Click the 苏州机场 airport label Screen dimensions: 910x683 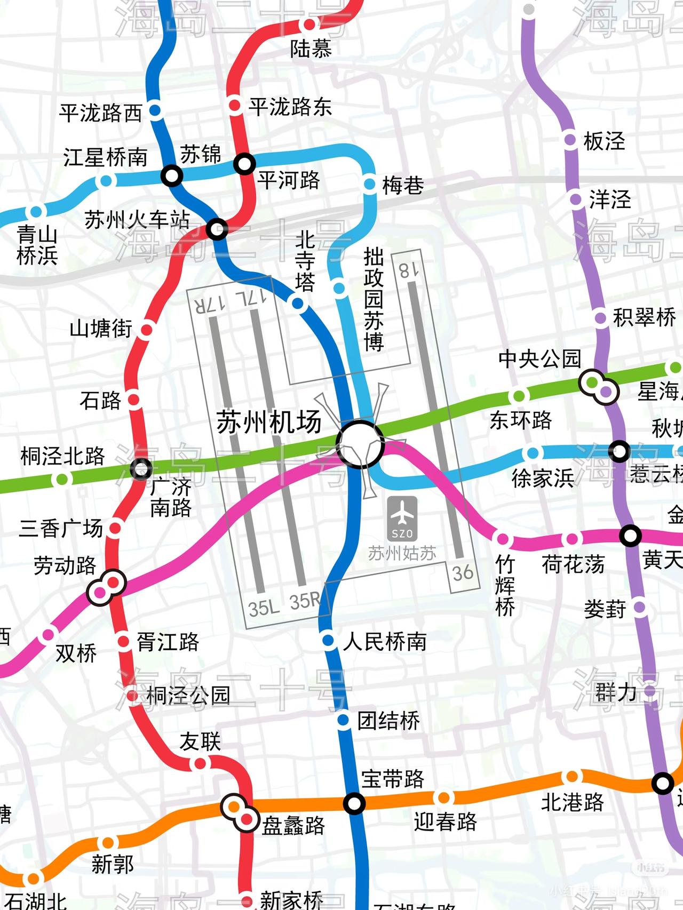269,422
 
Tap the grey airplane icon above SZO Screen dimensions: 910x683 402,513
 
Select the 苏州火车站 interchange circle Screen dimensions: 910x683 217,230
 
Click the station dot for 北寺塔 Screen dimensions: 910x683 298,304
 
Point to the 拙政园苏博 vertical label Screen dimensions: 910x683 374,299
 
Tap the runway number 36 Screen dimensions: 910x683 462,573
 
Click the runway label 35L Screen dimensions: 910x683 264,608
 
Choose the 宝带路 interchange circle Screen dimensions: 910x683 354,803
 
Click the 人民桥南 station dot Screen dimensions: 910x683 328,640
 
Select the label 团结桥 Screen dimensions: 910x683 388,721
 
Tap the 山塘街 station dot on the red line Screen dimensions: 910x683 146,330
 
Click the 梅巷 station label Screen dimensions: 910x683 403,186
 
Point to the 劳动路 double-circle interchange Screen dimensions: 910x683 106,587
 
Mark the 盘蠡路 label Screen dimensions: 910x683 293,826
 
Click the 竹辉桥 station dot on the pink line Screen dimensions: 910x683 502,538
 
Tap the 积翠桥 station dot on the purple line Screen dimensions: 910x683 601,318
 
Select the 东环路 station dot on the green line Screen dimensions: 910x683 518,396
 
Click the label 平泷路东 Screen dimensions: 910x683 290,107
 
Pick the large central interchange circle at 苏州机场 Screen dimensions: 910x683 360,444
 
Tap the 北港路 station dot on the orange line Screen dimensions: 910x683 572,776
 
